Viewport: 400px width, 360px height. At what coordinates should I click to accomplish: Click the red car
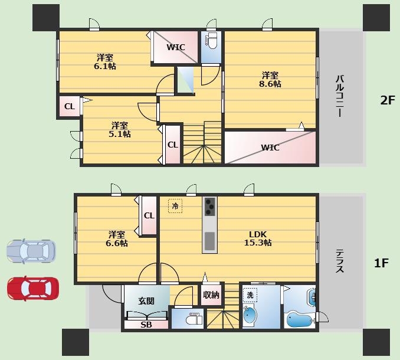[32, 289]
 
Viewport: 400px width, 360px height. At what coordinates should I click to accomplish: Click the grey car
[31, 251]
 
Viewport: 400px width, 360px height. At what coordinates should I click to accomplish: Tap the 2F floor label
[388, 100]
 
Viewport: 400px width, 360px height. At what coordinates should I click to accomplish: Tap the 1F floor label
[381, 263]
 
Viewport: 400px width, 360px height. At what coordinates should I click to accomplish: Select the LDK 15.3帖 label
[258, 238]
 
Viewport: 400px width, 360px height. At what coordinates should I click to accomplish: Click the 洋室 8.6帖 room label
[270, 80]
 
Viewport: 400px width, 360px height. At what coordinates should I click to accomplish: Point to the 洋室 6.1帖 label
[105, 62]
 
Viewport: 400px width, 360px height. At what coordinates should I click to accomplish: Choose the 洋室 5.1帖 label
[120, 130]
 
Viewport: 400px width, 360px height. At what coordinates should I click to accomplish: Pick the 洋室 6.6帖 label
[117, 239]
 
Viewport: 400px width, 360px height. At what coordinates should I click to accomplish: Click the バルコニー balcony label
[340, 96]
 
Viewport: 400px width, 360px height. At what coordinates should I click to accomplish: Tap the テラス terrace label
[340, 261]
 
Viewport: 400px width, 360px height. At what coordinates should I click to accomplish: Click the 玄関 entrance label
[146, 301]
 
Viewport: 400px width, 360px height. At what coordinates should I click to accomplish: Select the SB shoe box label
[146, 325]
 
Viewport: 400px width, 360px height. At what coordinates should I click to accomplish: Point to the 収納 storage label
[211, 295]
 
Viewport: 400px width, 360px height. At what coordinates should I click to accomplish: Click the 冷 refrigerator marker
[175, 205]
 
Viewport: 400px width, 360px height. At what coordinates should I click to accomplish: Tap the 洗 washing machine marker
[250, 295]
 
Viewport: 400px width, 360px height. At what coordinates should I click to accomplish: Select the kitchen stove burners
[210, 207]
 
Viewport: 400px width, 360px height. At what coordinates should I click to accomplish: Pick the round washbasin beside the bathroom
[250, 315]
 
